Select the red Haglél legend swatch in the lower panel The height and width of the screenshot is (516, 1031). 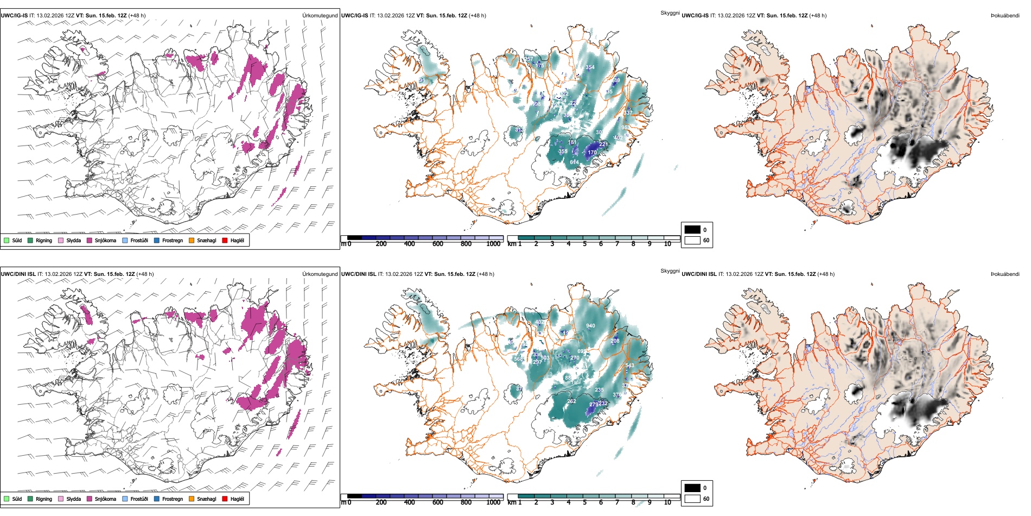pyautogui.click(x=225, y=499)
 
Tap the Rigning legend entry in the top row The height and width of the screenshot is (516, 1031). pyautogui.click(x=40, y=240)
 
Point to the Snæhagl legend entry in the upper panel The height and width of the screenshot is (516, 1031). pyautogui.click(x=202, y=240)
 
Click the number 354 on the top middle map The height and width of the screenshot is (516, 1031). pyautogui.click(x=590, y=67)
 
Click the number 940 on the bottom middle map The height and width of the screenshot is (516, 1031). pyautogui.click(x=590, y=326)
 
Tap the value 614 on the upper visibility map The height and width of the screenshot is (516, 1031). pyautogui.click(x=574, y=162)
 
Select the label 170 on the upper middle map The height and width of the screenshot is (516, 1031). pyautogui.click(x=592, y=153)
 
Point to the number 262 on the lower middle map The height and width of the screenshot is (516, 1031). pyautogui.click(x=571, y=401)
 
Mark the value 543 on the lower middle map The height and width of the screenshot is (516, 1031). pyautogui.click(x=629, y=366)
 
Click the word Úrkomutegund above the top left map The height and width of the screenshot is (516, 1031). pyautogui.click(x=320, y=16)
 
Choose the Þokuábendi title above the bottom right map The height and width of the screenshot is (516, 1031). pyautogui.click(x=1005, y=274)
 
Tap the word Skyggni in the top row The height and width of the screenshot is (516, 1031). pyautogui.click(x=670, y=12)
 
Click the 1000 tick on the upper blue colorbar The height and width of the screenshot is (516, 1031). pyautogui.click(x=493, y=244)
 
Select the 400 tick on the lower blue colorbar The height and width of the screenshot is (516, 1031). pyautogui.click(x=409, y=502)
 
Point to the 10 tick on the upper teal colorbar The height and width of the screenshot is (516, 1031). pyautogui.click(x=667, y=244)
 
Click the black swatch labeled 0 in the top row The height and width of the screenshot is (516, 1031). pyautogui.click(x=692, y=229)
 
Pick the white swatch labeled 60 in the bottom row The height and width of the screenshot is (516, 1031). pyautogui.click(x=692, y=499)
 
